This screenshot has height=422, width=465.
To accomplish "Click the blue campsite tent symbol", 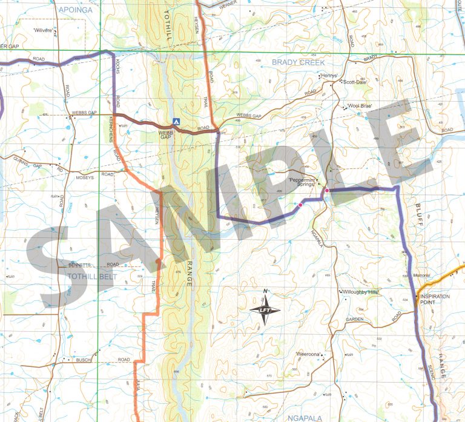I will point(175,121).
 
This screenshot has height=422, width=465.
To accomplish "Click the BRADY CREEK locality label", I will point(298,62).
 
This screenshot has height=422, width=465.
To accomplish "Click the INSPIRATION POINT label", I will point(435,300).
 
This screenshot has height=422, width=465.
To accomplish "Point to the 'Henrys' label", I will point(328,76).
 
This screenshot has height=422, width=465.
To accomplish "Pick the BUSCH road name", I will point(84,360).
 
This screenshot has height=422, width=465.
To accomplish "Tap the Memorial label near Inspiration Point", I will point(421,276).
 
